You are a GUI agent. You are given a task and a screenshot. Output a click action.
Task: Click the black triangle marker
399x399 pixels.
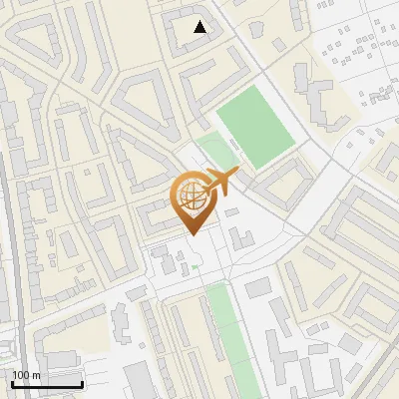[200, 27]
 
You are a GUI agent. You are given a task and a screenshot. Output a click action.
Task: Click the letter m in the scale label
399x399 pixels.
[37, 376]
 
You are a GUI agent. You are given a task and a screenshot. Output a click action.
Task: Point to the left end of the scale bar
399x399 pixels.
[11, 384]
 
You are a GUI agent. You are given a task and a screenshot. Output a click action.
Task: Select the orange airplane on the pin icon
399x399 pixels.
[219, 182]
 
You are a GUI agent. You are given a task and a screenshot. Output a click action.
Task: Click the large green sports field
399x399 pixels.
[255, 127]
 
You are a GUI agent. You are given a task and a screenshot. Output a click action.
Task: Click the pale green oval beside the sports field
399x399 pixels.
[214, 153]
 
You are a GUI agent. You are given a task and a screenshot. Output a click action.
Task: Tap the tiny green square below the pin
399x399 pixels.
[196, 266]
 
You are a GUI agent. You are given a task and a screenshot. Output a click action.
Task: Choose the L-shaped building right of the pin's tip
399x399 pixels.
[239, 240]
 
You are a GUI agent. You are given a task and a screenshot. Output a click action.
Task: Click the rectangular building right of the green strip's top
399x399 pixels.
[257, 288]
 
